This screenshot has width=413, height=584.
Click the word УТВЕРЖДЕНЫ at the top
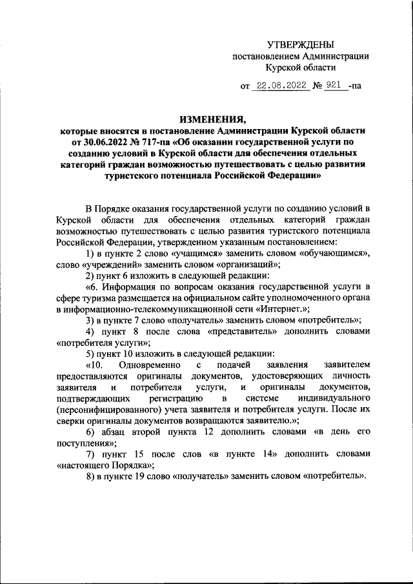(x=301, y=45)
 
